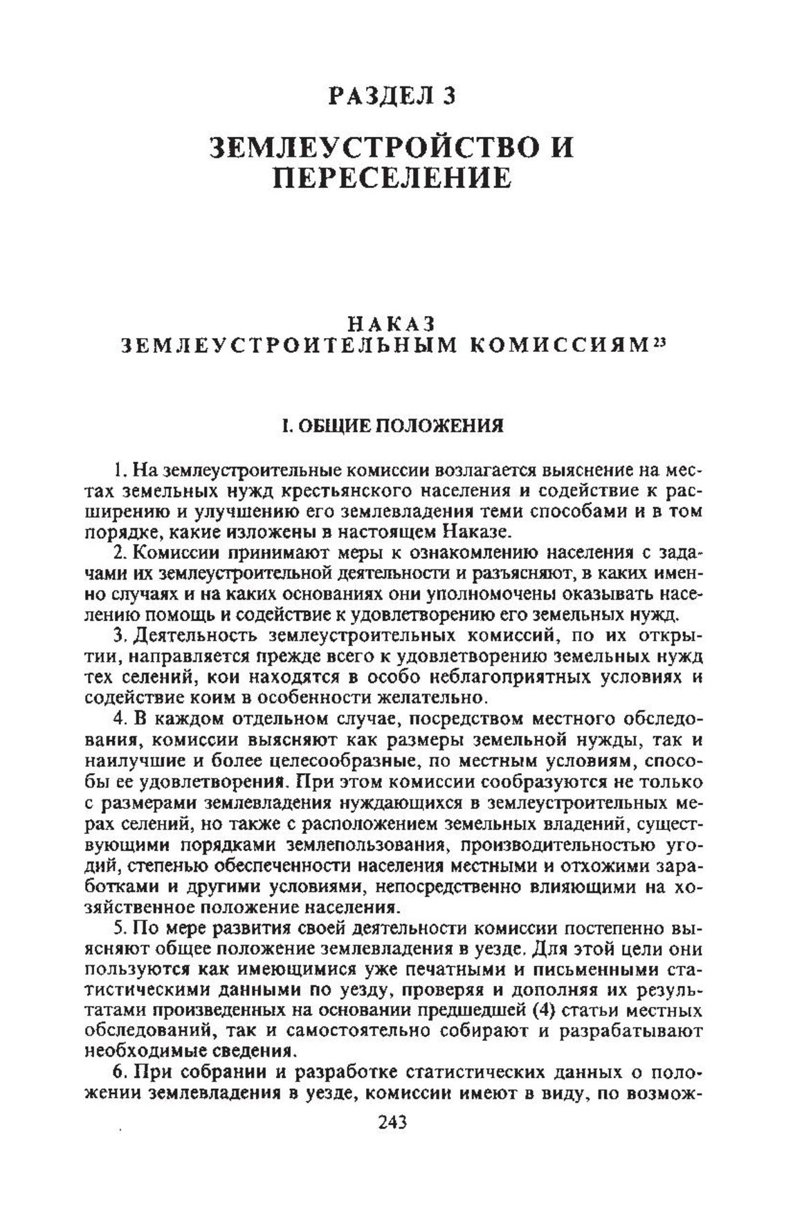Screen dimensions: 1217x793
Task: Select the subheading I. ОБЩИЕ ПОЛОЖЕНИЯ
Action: point(392,425)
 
